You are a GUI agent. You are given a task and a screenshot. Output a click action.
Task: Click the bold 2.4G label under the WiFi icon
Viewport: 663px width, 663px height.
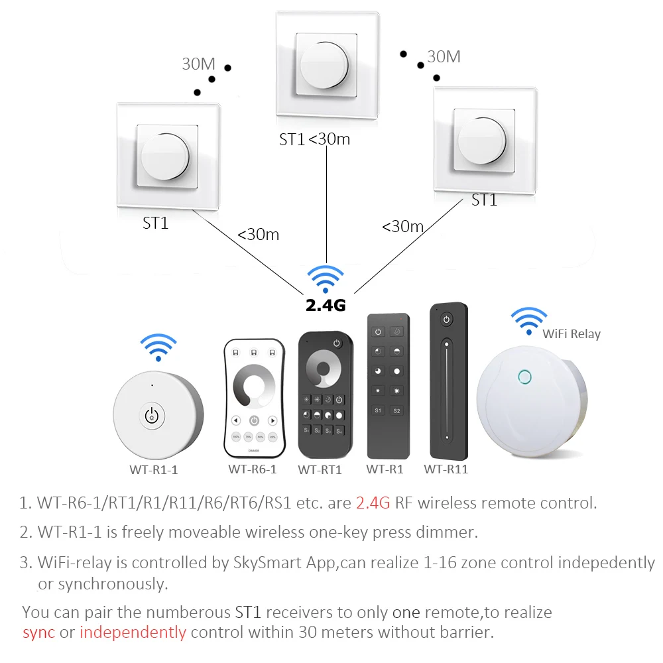point(325,306)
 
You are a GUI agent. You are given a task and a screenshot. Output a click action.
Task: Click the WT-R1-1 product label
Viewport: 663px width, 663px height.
point(153,470)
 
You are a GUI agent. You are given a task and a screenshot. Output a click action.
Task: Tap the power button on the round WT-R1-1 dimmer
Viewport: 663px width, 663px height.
point(152,416)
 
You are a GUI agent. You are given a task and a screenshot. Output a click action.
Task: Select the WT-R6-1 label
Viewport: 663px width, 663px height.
point(252,469)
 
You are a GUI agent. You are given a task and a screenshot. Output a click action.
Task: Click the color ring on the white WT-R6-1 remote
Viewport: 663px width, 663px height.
point(255,386)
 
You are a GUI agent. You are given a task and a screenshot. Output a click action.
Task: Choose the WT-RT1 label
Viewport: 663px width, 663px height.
point(320,470)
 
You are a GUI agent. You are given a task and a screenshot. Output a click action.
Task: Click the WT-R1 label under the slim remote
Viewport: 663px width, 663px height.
point(385,469)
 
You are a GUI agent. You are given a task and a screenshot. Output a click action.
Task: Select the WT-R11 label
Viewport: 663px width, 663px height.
point(446,469)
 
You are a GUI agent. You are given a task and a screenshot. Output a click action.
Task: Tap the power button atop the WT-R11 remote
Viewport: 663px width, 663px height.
point(447,320)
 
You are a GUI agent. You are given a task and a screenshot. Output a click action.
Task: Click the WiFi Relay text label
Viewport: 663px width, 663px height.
point(572,334)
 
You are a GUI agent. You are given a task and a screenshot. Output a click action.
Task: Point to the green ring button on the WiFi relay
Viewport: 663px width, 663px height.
point(524,377)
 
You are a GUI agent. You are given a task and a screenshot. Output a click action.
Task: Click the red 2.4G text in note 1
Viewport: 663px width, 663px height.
point(373,503)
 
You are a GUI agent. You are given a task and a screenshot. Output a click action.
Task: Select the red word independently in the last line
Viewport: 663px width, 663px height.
point(133,632)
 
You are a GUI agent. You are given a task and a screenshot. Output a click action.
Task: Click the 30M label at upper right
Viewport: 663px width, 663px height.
point(444,57)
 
